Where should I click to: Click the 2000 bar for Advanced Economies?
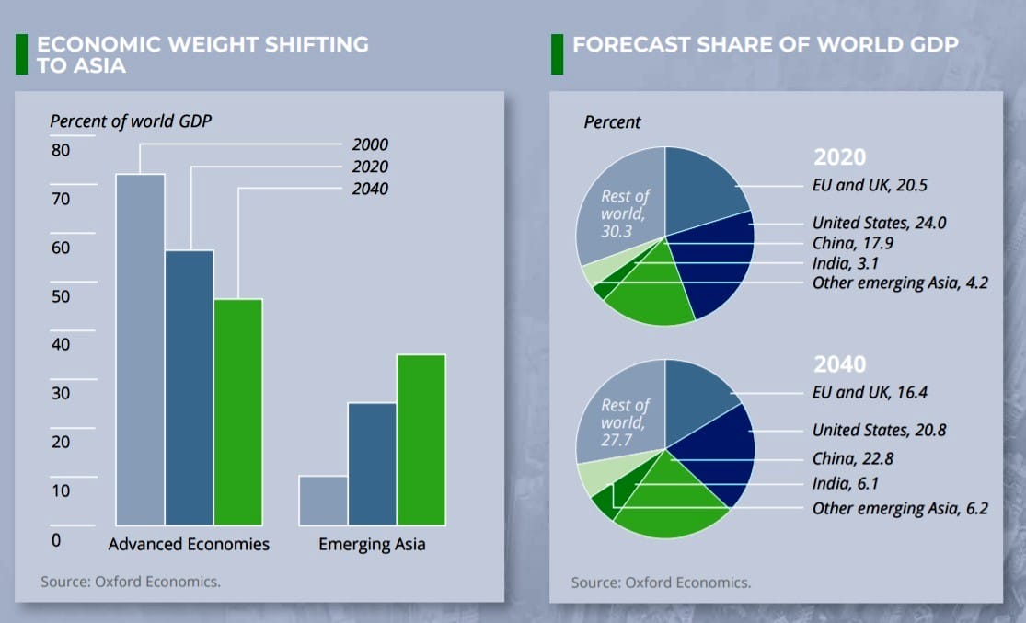140,350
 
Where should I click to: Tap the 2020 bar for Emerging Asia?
372,464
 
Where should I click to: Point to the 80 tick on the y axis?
60,150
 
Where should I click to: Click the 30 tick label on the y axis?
60,393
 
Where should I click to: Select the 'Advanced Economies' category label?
189,544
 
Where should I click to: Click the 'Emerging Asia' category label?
372,544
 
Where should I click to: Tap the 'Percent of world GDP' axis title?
131,121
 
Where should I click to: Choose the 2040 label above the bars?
370,189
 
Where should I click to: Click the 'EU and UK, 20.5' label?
870,186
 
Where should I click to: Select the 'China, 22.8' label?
853,458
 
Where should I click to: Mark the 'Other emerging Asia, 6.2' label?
900,508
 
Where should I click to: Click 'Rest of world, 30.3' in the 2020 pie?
624,213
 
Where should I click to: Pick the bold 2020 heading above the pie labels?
839,156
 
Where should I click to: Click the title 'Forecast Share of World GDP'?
766,44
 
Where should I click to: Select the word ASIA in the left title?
95,65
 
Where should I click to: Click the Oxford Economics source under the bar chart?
131,582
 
